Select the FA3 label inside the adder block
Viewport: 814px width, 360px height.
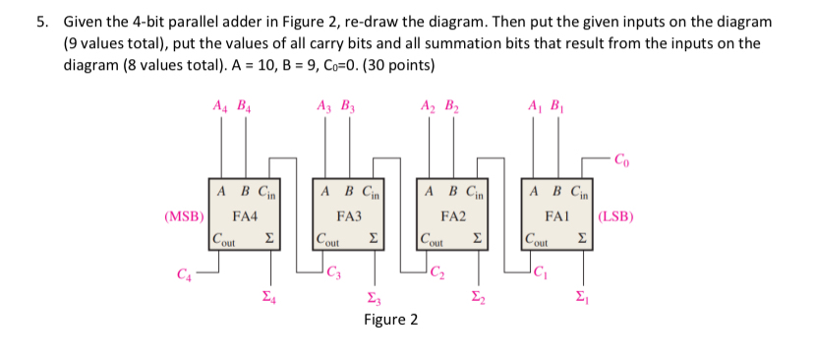click(349, 214)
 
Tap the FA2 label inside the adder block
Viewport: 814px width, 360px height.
click(453, 214)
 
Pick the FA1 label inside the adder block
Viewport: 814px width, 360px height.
click(557, 214)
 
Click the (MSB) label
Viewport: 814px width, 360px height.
click(184, 214)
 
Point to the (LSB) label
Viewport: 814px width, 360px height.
click(615, 214)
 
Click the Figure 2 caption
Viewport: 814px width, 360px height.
click(390, 320)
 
